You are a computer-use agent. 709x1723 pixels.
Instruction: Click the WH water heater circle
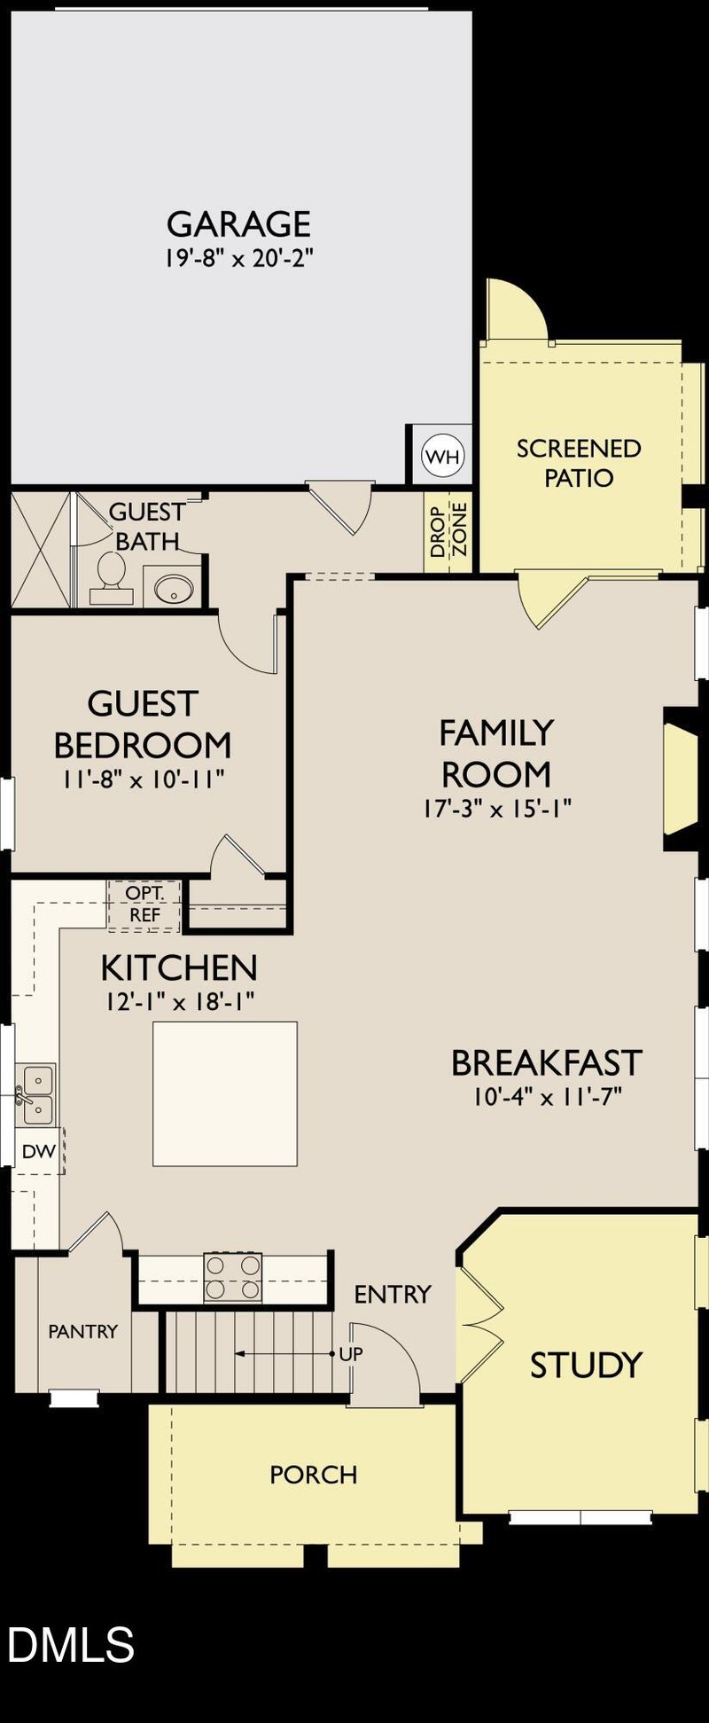(443, 457)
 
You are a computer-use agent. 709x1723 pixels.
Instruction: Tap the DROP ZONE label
(448, 529)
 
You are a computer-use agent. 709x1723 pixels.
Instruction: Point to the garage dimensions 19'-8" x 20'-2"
(239, 259)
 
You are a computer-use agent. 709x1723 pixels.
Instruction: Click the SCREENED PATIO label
(579, 463)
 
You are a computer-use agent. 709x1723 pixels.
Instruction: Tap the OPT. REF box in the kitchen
(144, 905)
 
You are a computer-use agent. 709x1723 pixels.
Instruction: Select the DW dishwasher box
(38, 1151)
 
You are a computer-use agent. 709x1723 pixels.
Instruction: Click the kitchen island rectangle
(225, 1093)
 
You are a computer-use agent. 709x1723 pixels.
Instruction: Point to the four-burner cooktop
(233, 1277)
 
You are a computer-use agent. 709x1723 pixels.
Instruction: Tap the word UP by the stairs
(351, 1354)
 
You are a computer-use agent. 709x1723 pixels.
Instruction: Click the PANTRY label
(82, 1331)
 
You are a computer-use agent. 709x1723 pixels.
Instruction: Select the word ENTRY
(392, 1294)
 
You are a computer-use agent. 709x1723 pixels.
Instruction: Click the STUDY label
(586, 1365)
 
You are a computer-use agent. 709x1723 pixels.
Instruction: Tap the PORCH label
(313, 1475)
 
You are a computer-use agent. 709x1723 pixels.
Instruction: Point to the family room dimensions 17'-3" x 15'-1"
(496, 808)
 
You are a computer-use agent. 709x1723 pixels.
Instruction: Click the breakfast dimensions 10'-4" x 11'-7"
(547, 1096)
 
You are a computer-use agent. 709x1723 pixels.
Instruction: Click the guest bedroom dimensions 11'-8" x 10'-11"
(143, 779)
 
